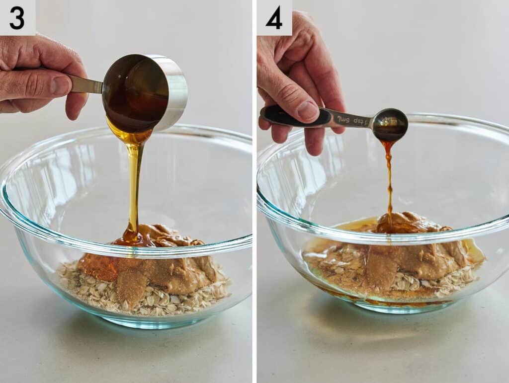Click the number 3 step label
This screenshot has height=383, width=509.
tap(16, 18)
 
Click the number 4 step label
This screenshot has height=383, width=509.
tap(274, 18)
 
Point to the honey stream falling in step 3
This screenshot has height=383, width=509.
tap(134, 184)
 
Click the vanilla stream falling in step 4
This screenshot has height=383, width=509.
tap(389, 179)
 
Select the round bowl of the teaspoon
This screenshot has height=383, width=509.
tap(390, 124)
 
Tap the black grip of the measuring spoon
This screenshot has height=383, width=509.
tap(293, 116)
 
